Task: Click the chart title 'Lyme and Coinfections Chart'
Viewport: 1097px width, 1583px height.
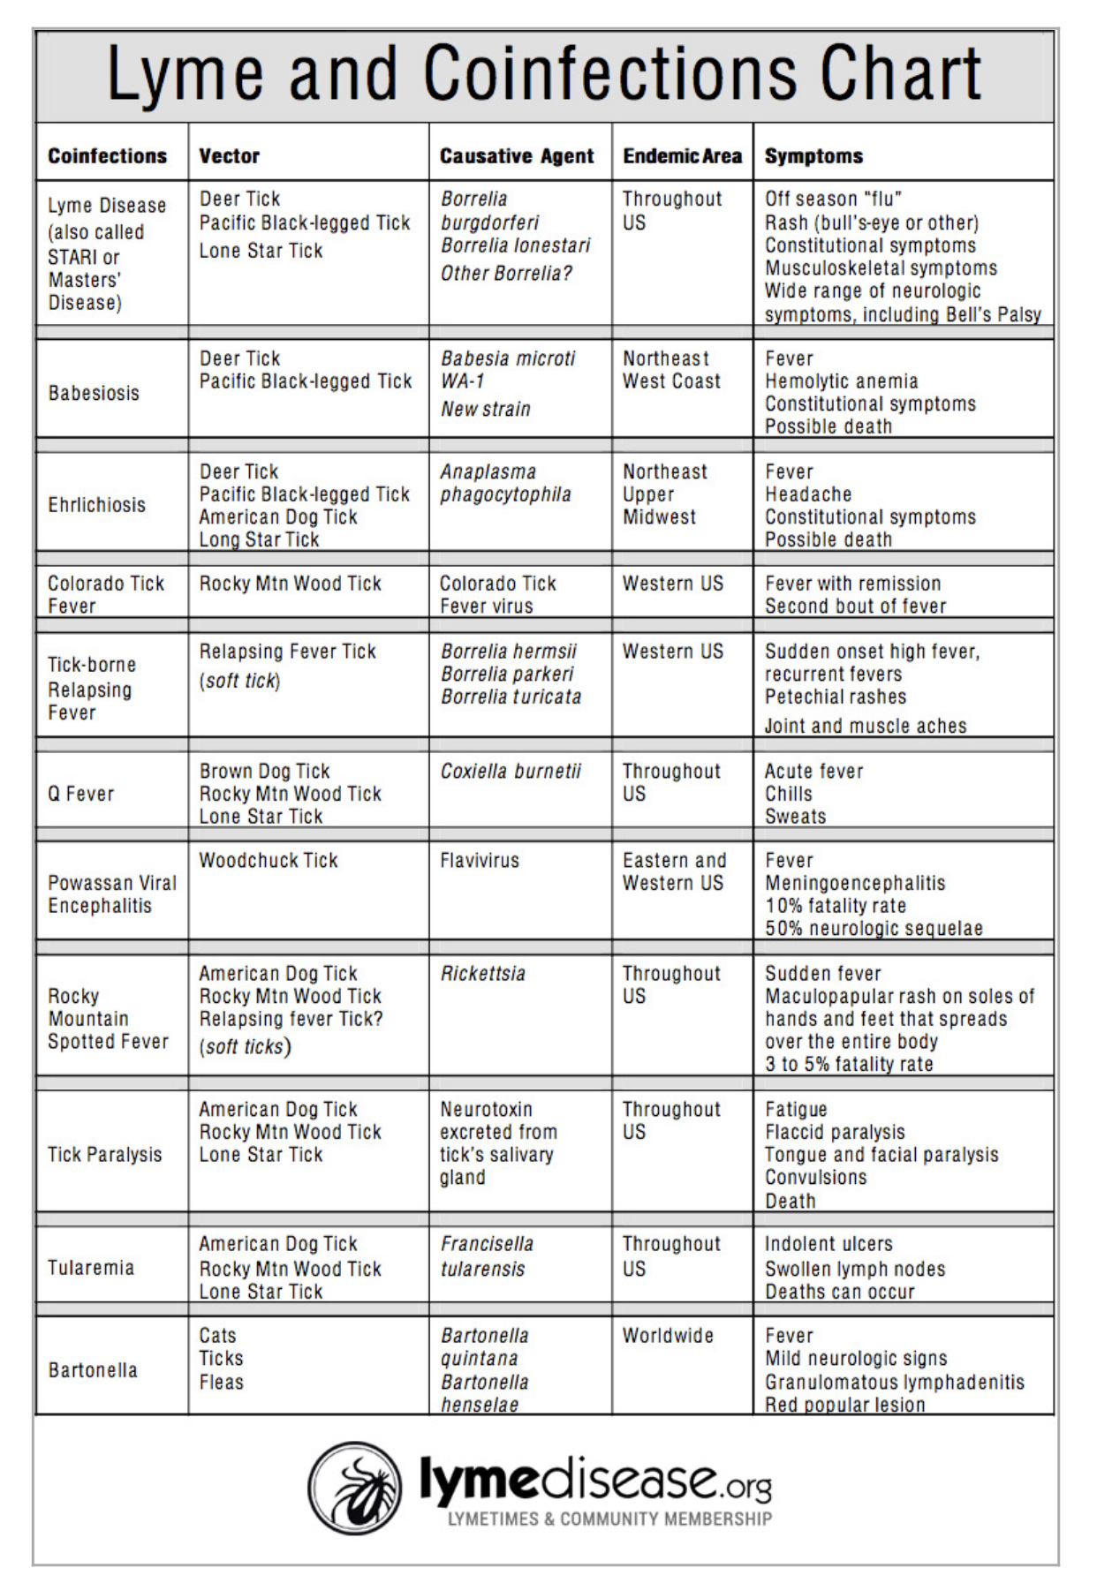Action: pyautogui.click(x=543, y=74)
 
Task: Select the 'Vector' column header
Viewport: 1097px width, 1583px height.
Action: pyautogui.click(x=229, y=156)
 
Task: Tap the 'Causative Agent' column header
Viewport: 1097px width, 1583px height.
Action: pyautogui.click(x=517, y=156)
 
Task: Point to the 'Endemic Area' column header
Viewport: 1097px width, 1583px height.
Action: pyautogui.click(x=682, y=156)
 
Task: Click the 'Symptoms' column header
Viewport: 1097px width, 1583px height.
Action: pyautogui.click(x=813, y=156)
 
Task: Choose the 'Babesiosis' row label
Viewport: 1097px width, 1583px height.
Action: pyautogui.click(x=94, y=393)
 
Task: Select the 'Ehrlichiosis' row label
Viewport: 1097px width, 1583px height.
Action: pyautogui.click(x=96, y=505)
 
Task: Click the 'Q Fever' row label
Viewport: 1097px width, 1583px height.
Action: pyautogui.click(x=80, y=794)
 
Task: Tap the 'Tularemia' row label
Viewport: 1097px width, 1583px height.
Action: pyautogui.click(x=91, y=1268)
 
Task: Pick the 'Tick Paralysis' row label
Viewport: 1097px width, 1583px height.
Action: pyautogui.click(x=104, y=1155)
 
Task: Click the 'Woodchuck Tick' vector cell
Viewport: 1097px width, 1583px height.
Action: pyautogui.click(x=269, y=860)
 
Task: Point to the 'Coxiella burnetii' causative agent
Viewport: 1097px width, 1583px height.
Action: pyautogui.click(x=511, y=771)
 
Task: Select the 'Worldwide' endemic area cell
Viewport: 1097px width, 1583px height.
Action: pyautogui.click(x=667, y=1335)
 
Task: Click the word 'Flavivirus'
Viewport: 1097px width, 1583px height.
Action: pyautogui.click(x=480, y=860)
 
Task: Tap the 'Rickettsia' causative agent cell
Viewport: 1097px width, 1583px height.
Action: pyautogui.click(x=482, y=973)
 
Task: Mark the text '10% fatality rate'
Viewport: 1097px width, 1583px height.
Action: pyautogui.click(x=835, y=906)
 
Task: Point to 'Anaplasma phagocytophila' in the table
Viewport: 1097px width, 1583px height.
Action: pyautogui.click(x=505, y=483)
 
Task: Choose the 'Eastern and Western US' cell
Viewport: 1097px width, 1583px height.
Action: pyautogui.click(x=674, y=871)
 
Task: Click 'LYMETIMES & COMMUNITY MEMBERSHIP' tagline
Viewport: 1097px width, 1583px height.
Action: pyautogui.click(x=609, y=1519)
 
